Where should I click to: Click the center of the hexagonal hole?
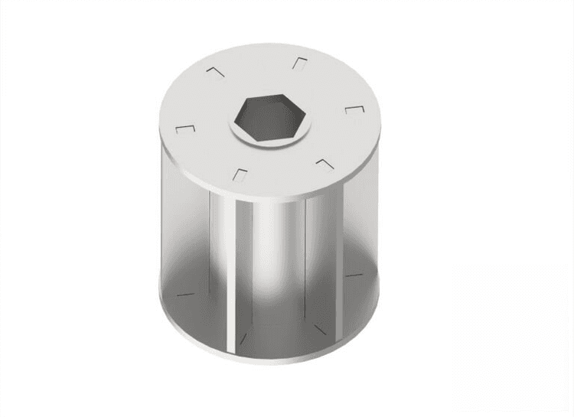point(268,119)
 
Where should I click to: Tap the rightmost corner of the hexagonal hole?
point(307,116)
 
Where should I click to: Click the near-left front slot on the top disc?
point(239,174)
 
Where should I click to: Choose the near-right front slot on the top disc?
point(324,163)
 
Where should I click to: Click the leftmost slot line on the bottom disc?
point(186,293)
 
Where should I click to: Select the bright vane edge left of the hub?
point(230,252)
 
